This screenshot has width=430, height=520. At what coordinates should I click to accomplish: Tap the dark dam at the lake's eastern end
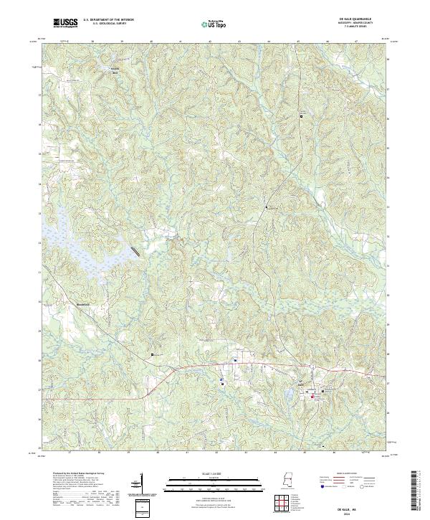click(x=135, y=251)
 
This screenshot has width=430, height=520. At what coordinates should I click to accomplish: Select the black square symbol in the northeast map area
click(x=302, y=117)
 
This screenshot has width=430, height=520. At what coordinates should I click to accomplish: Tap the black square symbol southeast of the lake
click(x=152, y=355)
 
